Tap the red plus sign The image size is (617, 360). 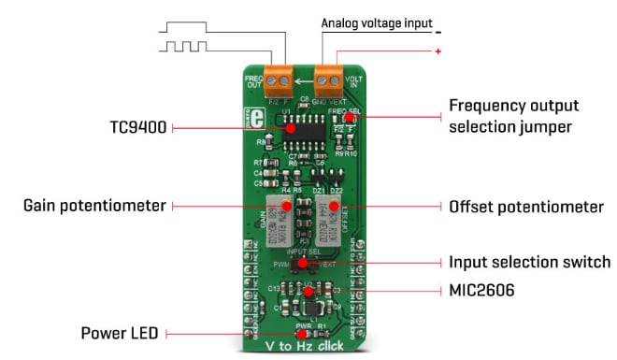[438, 51]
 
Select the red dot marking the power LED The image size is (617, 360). [301, 333]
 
